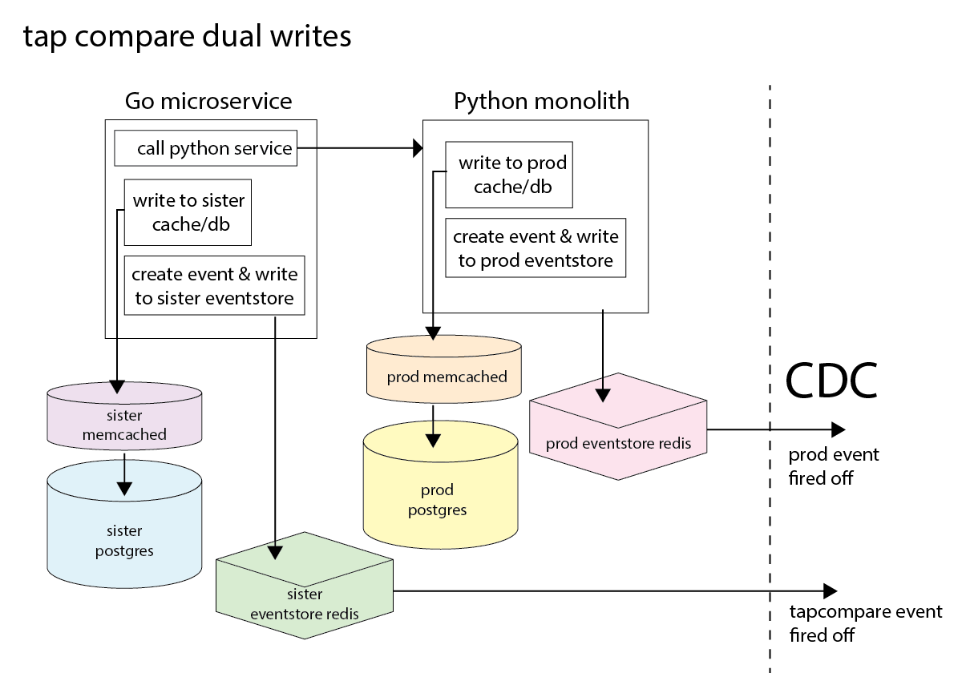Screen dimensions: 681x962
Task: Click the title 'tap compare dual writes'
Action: [x=187, y=37]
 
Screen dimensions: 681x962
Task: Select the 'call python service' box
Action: [x=205, y=148]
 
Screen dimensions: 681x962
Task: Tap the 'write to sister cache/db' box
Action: [x=188, y=212]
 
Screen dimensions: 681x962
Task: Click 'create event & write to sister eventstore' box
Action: [x=215, y=286]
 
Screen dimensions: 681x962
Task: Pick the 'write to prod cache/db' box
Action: [x=510, y=175]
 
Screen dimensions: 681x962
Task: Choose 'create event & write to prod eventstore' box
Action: [x=536, y=248]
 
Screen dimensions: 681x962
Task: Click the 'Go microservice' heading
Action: [x=208, y=101]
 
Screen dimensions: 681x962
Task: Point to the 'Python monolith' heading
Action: [x=541, y=101]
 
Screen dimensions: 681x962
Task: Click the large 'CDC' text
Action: [x=831, y=381]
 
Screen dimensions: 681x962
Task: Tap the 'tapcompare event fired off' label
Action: [x=864, y=623]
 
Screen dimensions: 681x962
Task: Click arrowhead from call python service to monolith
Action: [x=417, y=148]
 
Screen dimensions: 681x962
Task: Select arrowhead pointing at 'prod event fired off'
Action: [x=838, y=429]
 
